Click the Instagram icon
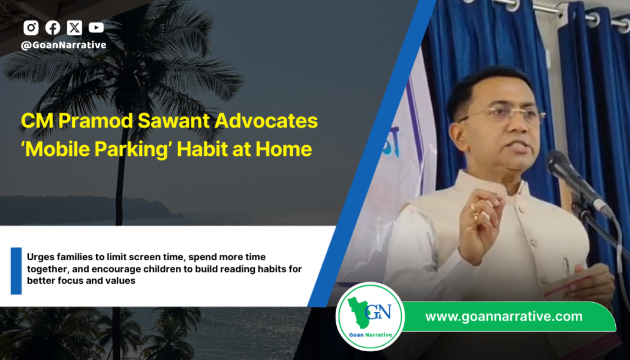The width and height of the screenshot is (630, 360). tap(31, 28)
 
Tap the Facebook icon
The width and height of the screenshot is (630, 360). tap(52, 28)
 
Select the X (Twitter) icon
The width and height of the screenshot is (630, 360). tap(74, 28)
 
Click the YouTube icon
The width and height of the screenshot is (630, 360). tap(96, 28)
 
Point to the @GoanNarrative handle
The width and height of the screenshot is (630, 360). tap(63, 45)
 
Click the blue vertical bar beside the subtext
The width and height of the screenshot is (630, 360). tap(16, 270)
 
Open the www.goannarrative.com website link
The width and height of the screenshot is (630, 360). tap(503, 316)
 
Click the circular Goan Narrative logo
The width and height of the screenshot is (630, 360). tap(370, 316)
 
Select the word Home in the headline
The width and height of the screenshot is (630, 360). tap(288, 149)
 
